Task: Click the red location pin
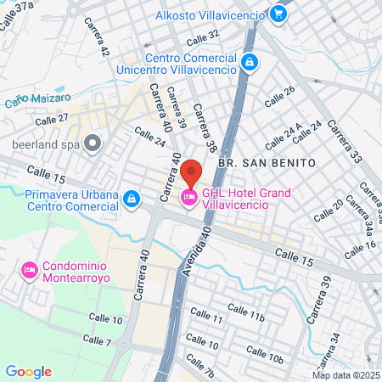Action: pyautogui.click(x=191, y=177)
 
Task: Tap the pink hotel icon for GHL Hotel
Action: pyautogui.click(x=189, y=198)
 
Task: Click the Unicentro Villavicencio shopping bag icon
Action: pyautogui.click(x=249, y=62)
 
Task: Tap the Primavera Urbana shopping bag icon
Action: pyautogui.click(x=131, y=199)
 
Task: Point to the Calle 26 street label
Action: pyautogui.click(x=279, y=96)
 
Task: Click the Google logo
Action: pyautogui.click(x=28, y=371)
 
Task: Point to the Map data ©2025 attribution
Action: pyautogui.click(x=345, y=375)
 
